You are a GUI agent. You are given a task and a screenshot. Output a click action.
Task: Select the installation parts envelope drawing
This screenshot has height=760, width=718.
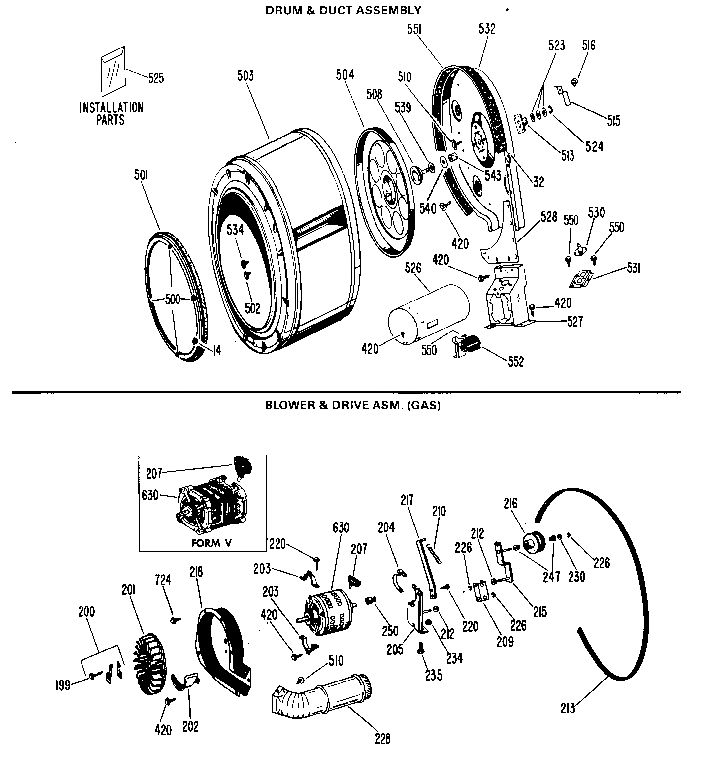tap(113, 71)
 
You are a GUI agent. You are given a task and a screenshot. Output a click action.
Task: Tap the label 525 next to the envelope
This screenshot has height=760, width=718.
tap(156, 78)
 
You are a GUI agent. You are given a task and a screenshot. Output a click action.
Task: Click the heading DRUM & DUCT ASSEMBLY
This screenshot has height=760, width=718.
tap(343, 10)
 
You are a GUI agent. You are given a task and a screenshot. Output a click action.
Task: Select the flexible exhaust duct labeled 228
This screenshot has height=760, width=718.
tap(321, 694)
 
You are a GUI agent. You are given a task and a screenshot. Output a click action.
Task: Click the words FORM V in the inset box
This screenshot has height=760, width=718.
tap(211, 543)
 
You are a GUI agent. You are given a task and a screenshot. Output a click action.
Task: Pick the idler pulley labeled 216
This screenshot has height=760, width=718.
tap(536, 545)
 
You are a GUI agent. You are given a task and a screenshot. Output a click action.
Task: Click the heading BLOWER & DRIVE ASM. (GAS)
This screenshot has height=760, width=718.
tap(352, 405)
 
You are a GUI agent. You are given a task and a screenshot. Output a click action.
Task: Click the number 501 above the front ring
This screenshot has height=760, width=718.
tap(141, 175)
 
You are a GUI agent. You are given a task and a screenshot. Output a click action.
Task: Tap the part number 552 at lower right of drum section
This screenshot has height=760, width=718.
tap(515, 362)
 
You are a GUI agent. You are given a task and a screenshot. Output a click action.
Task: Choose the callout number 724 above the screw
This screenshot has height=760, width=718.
tap(163, 580)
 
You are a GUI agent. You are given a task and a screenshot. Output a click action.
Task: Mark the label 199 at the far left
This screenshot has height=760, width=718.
tap(63, 685)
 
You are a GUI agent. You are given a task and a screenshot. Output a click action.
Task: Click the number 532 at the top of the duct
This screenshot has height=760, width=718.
tap(487, 29)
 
